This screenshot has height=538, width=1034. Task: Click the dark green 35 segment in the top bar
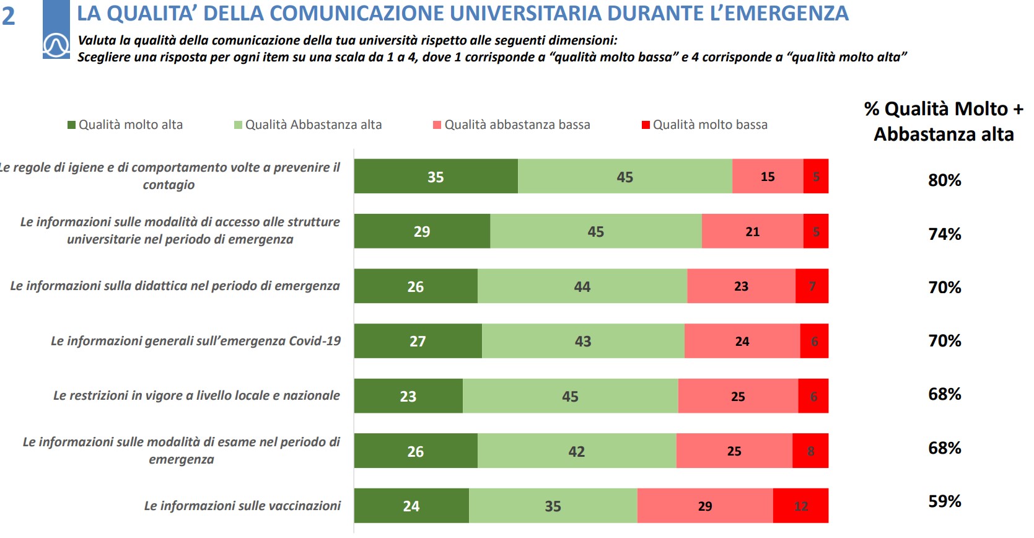pos(436,177)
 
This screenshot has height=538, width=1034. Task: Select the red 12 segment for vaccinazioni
pos(800,506)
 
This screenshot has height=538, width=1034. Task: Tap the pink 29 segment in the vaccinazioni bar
pos(705,506)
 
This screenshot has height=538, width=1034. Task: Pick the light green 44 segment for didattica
pos(582,286)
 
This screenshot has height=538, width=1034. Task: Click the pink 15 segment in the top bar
pos(768,177)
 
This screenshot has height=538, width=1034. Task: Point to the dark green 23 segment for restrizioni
pos(408,396)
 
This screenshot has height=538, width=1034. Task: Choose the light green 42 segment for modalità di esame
pos(577,451)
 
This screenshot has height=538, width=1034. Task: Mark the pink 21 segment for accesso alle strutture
pos(752,231)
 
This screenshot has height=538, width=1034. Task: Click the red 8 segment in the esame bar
pos(810,451)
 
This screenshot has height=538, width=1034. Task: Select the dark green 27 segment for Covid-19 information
pos(418,341)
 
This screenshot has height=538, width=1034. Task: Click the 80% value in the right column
pos(944,180)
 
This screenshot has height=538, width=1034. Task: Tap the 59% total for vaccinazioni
pos(944,501)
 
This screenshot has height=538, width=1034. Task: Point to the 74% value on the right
pos(944,234)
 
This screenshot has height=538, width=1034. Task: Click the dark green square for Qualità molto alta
pos(71,125)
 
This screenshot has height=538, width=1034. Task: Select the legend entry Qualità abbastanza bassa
pos(517,125)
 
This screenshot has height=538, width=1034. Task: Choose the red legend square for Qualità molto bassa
pos(646,125)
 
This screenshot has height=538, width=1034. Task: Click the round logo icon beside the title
pos(56,45)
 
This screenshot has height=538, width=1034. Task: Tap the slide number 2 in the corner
pos(9,16)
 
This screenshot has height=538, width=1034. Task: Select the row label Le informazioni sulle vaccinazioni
pos(242,506)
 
